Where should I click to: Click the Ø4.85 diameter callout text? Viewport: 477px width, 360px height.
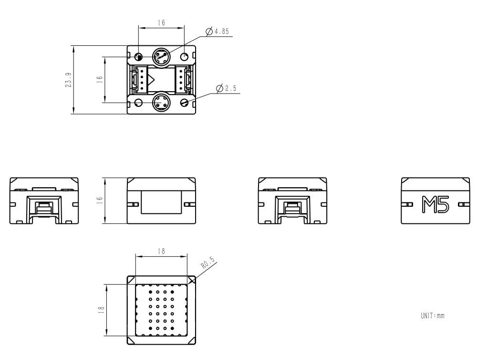(x=220, y=32)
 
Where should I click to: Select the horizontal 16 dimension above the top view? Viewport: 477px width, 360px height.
(x=161, y=23)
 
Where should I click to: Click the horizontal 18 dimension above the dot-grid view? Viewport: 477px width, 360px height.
(x=161, y=251)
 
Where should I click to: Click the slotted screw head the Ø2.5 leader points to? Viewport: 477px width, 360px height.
(x=186, y=102)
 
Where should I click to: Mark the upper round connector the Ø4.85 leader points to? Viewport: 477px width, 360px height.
(x=161, y=57)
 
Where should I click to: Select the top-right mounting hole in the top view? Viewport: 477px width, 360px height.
(x=186, y=57)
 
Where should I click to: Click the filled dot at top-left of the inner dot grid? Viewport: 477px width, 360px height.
(x=150, y=292)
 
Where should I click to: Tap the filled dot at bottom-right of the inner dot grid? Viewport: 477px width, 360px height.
(x=172, y=329)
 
